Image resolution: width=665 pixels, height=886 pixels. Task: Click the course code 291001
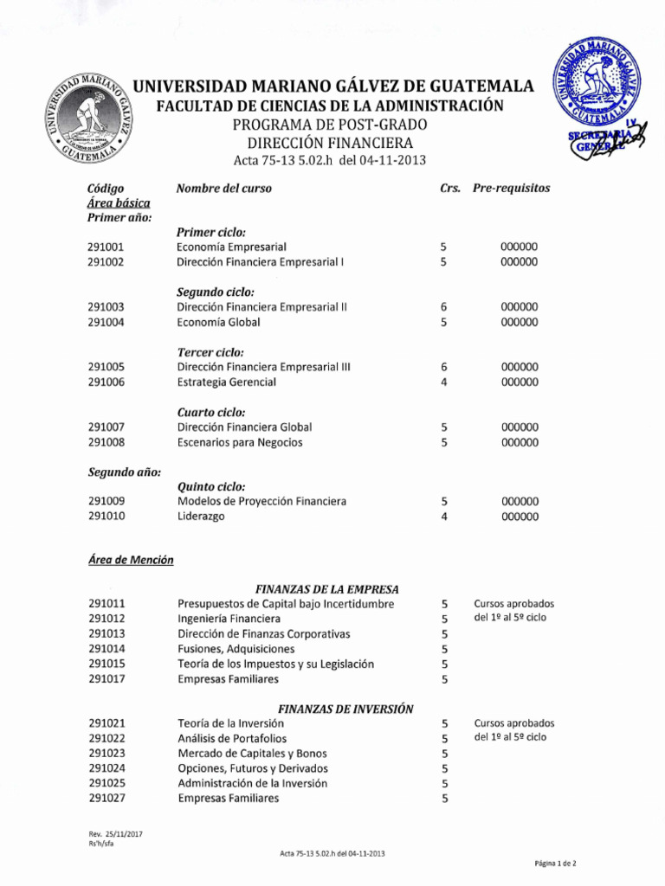point(106,247)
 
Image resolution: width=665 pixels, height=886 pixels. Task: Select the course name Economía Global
point(218,322)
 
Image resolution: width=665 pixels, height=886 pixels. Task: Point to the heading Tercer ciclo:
point(210,352)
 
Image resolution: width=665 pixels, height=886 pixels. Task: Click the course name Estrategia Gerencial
point(227,382)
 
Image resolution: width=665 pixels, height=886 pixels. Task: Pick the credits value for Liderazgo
point(444,517)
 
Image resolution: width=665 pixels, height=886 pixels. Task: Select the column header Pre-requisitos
point(511,188)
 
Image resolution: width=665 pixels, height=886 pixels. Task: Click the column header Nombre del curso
point(223,188)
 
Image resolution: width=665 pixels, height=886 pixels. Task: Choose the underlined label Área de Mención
point(131,560)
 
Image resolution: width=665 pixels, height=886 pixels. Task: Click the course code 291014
point(106,649)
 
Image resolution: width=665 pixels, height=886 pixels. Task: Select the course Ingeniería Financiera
point(229,619)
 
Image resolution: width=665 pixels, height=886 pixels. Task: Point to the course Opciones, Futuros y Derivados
point(253,768)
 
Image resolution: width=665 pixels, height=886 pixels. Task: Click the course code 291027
point(106,799)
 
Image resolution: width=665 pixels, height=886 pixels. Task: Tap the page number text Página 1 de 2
point(555,864)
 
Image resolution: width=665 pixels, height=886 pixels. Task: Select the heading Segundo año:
point(125,472)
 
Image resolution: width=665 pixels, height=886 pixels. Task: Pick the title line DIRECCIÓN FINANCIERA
point(329,143)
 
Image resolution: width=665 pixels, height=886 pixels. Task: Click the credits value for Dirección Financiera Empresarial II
point(444,307)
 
